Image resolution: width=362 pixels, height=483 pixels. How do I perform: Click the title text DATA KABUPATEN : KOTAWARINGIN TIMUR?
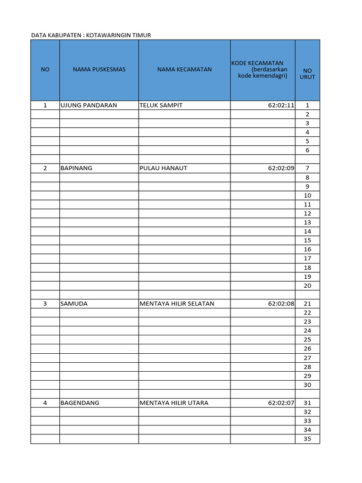[91, 35]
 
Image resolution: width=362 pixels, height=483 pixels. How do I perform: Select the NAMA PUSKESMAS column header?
[99, 70]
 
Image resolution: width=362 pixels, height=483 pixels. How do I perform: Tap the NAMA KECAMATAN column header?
[184, 70]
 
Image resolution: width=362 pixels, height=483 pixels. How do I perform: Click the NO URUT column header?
[307, 74]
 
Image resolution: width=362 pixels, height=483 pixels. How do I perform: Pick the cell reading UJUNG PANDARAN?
[89, 105]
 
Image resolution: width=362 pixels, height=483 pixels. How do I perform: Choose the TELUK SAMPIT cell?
[161, 105]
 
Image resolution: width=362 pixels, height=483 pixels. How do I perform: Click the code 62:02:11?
[281, 105]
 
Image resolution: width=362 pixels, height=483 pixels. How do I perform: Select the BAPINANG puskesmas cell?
[76, 168]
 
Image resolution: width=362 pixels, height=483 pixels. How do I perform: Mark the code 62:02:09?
[281, 168]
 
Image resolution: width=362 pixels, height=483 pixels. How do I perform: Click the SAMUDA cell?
[74, 304]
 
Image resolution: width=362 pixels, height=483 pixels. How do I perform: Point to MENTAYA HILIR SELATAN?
[177, 304]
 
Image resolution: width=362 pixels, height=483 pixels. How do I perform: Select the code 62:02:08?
[281, 304]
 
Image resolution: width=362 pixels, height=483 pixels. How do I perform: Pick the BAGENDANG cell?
[80, 403]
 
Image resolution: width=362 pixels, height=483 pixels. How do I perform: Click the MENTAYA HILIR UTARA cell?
[174, 403]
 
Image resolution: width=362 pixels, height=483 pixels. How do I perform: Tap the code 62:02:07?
[281, 403]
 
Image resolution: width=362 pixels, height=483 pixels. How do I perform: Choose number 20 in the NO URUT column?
[307, 286]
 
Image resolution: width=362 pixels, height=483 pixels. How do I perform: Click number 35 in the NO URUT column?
[307, 439]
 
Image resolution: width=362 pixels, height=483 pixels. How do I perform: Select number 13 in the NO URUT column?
[307, 222]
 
